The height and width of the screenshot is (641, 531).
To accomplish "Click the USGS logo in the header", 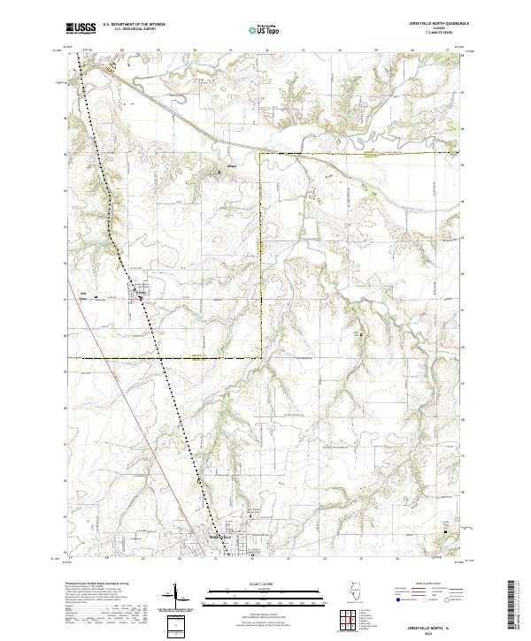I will click(x=79, y=29).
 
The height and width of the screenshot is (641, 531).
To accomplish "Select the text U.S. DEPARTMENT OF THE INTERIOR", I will click(x=135, y=25).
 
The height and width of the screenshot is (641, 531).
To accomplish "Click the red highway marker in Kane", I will click(x=140, y=298).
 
